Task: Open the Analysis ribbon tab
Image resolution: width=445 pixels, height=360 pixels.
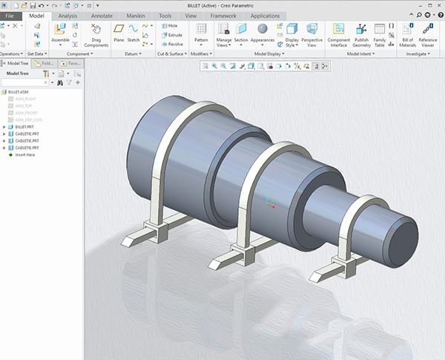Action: pos(67,15)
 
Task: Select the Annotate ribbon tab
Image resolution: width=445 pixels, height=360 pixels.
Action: pos(102,15)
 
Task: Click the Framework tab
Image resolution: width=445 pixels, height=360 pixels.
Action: pos(223,15)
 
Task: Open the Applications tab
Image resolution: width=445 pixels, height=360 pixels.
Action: pos(265,15)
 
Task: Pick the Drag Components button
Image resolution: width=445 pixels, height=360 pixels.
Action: pos(96,33)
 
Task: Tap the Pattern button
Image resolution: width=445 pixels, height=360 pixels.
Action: pos(200,33)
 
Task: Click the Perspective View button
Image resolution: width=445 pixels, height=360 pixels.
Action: pos(312,33)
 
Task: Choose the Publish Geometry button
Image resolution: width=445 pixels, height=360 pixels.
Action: pos(361,33)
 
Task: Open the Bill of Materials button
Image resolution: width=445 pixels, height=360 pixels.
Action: pos(407,33)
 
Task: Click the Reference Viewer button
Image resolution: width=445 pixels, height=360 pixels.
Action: pos(429,33)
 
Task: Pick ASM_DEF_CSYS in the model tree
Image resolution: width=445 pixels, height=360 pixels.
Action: pos(29,120)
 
